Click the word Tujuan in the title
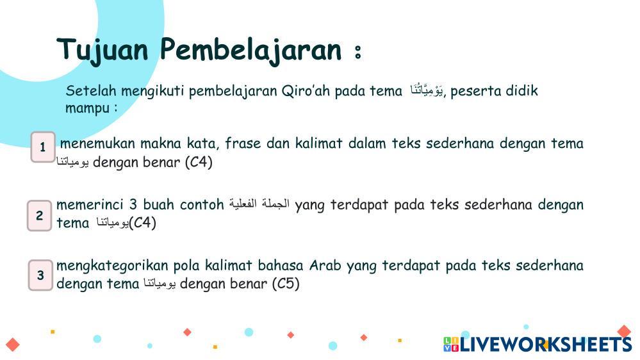[x=102, y=51]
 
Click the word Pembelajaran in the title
[x=250, y=51]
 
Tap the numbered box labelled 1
[x=43, y=147]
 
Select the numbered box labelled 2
[x=40, y=215]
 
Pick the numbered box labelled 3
[x=40, y=275]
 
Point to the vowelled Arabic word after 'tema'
[x=427, y=90]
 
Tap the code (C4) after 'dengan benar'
[x=199, y=163]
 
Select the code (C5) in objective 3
[x=286, y=284]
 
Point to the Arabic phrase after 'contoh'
[x=259, y=203]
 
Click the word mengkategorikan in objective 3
[x=112, y=266]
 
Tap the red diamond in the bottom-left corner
[x=13, y=345]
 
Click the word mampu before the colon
[x=87, y=108]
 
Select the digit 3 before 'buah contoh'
[x=133, y=204]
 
